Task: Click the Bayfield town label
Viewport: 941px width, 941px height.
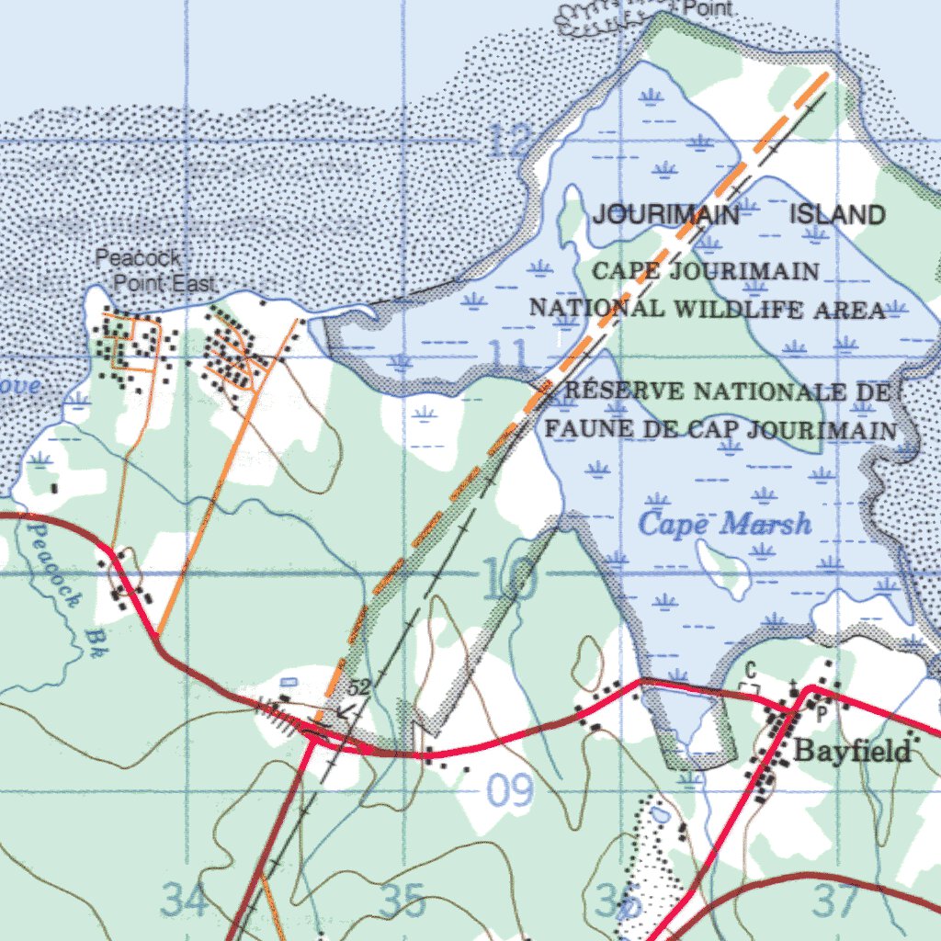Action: (x=852, y=751)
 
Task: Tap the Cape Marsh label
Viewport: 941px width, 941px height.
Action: (x=725, y=525)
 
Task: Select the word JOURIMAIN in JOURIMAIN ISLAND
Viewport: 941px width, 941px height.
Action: (x=665, y=215)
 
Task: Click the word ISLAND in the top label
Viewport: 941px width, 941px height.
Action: (x=838, y=215)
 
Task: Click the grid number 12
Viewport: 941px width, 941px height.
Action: (x=511, y=141)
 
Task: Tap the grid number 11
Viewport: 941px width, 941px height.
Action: (x=507, y=354)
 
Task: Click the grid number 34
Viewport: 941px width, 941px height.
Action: (x=186, y=900)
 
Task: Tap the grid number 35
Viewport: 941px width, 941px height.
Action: (x=402, y=901)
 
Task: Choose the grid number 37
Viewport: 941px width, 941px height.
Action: (x=836, y=901)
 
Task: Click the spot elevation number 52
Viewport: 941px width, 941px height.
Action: (x=358, y=687)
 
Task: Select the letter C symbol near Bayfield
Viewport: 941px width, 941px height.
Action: (x=750, y=669)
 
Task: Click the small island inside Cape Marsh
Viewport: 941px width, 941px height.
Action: (x=724, y=567)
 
